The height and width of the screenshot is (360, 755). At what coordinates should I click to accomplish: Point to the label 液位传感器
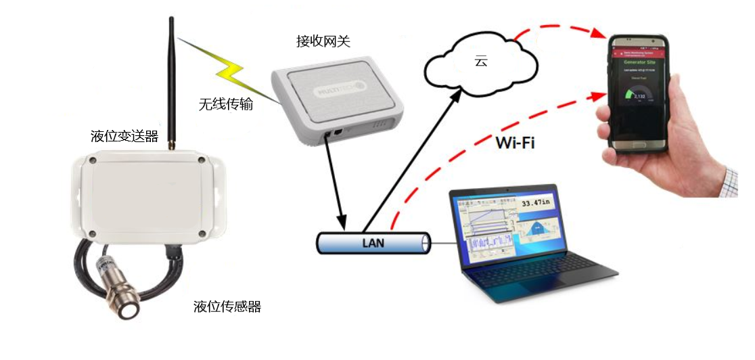click(227, 307)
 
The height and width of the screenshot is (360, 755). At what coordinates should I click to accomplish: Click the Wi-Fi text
click(516, 143)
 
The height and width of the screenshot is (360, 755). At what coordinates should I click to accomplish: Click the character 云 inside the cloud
click(480, 62)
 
